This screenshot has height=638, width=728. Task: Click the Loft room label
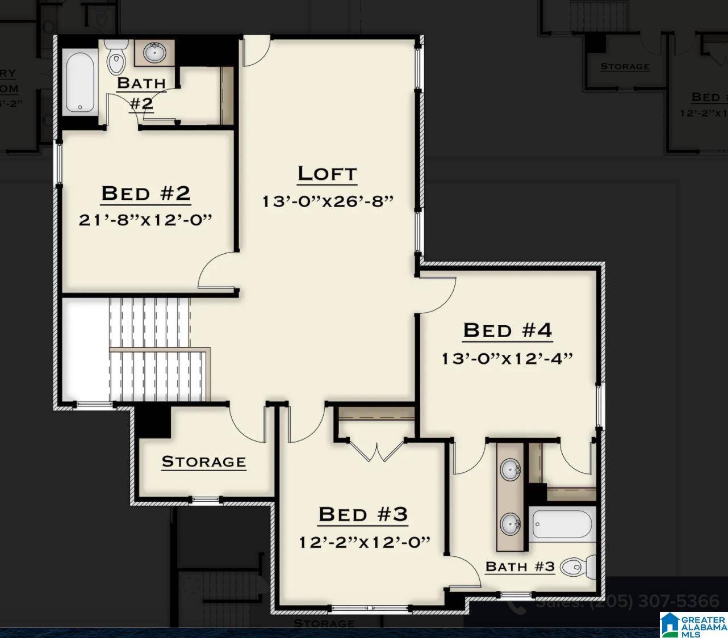(327, 174)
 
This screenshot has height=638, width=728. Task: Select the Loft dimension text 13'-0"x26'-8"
(328, 202)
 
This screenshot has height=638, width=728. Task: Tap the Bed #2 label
(145, 194)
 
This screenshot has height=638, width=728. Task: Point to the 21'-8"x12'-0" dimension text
(145, 220)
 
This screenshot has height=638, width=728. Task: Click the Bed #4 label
(507, 330)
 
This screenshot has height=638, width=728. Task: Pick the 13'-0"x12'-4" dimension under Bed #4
(507, 359)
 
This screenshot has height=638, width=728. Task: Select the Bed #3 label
(363, 514)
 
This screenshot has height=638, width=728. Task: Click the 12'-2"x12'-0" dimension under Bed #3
(364, 542)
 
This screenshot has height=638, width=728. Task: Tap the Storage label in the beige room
(204, 461)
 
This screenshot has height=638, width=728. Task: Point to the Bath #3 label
(520, 566)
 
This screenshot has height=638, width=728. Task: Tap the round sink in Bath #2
(154, 53)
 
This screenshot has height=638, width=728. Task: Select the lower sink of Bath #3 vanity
(511, 523)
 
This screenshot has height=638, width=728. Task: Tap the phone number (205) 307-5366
(654, 601)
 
